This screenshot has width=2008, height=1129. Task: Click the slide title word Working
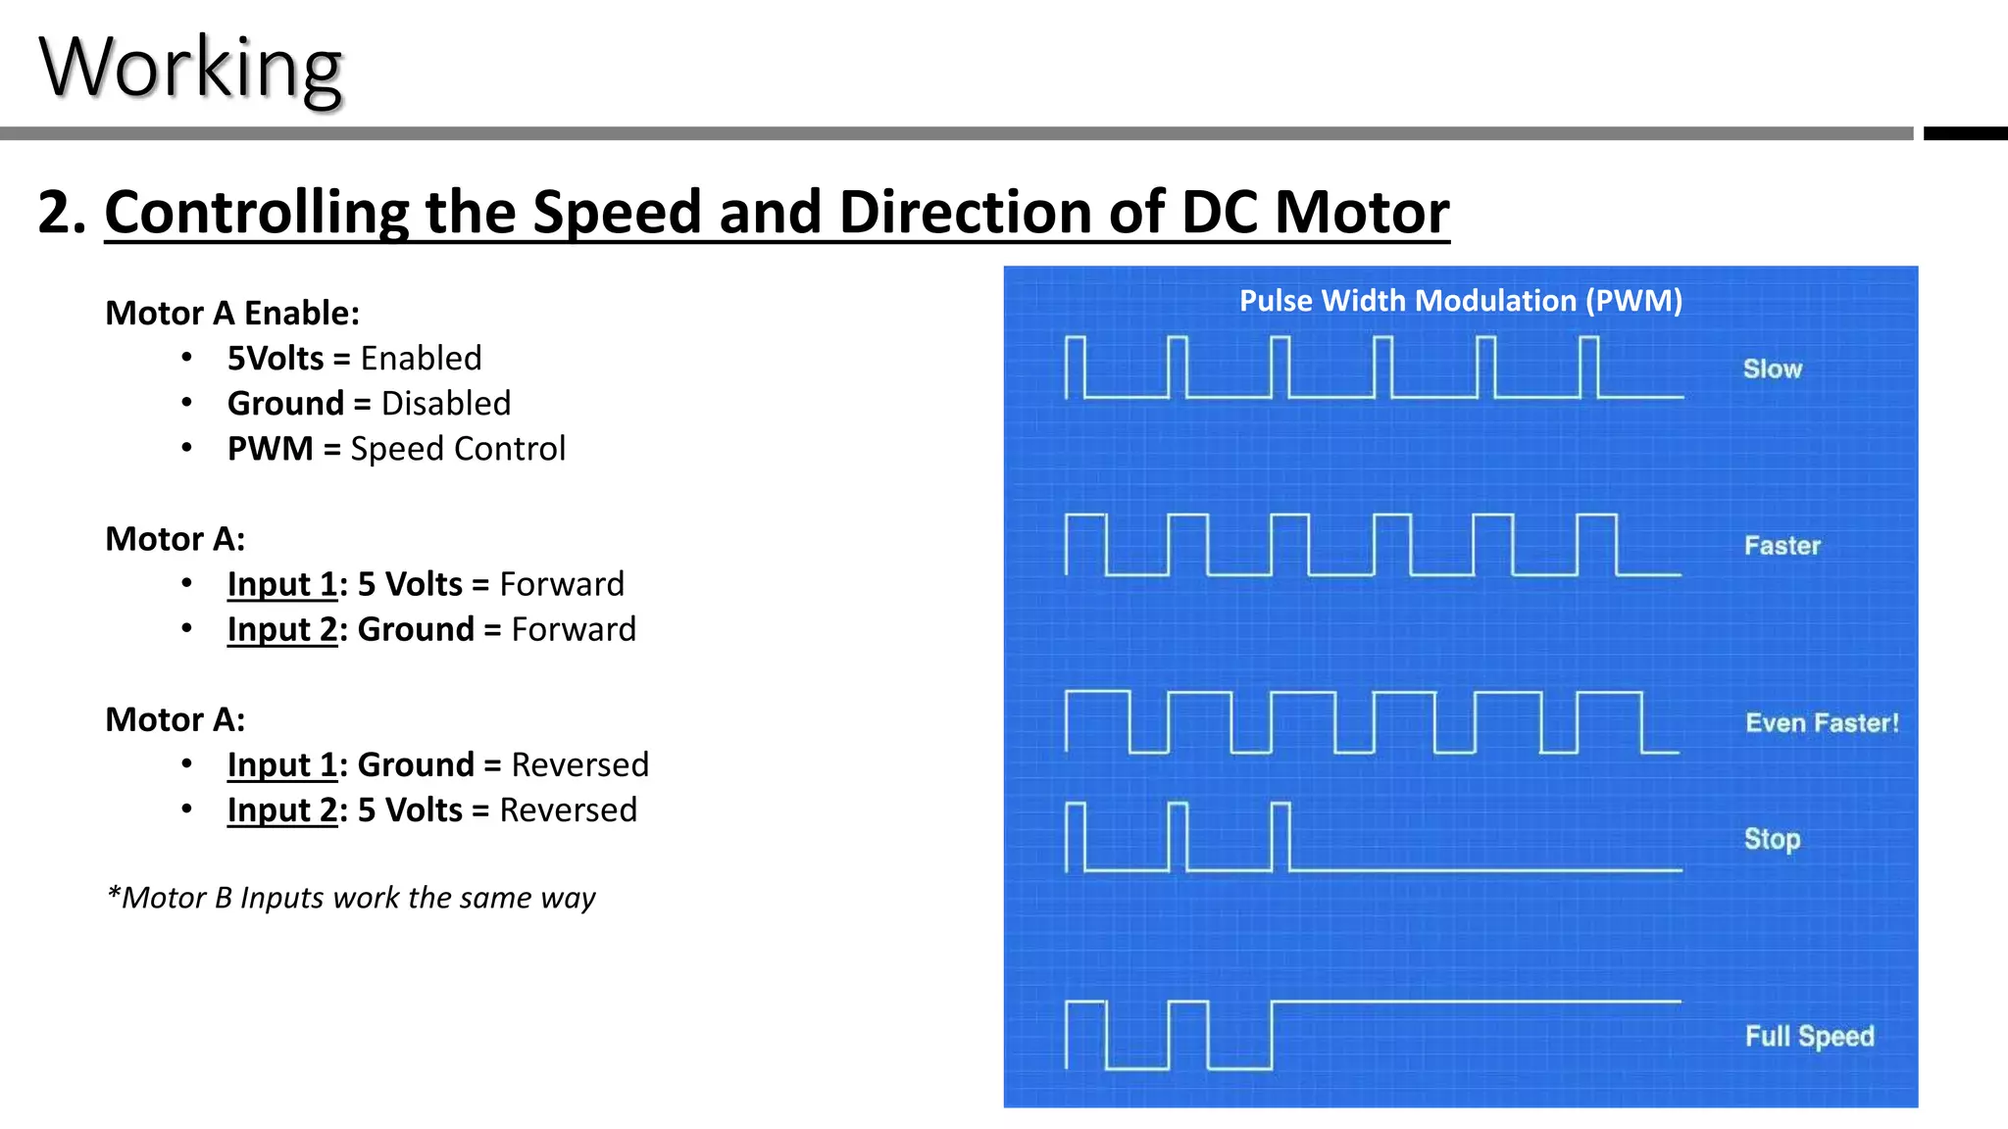click(191, 69)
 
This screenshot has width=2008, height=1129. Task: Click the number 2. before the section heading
click(62, 212)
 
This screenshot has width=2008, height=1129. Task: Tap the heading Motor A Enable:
click(232, 313)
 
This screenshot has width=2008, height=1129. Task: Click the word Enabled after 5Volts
click(421, 359)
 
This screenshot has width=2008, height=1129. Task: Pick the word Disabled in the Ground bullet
click(445, 404)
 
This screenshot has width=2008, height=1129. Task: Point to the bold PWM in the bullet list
click(270, 449)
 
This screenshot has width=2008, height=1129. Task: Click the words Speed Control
click(458, 449)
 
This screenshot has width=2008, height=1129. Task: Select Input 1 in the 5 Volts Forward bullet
click(282, 584)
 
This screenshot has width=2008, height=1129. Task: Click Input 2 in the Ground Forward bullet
click(282, 629)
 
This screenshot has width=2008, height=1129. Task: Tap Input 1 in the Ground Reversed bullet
click(282, 764)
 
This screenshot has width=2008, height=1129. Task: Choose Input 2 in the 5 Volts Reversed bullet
click(282, 810)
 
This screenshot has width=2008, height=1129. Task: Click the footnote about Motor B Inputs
click(351, 898)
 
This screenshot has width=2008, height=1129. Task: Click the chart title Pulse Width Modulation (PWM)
click(1461, 301)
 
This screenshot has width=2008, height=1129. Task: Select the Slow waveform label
click(1773, 369)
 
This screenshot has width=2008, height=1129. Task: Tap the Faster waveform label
click(1782, 546)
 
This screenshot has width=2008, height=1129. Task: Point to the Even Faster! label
click(1822, 723)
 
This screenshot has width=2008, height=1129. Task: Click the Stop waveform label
click(1772, 839)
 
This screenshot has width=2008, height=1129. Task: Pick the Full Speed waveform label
click(1809, 1036)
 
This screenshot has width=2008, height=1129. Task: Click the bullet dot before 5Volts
click(186, 358)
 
